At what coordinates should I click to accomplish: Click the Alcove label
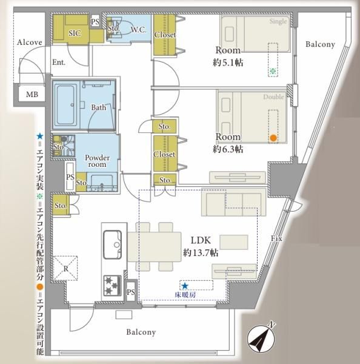[30, 42]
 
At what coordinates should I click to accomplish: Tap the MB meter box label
[32, 95]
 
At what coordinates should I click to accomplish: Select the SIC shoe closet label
[75, 33]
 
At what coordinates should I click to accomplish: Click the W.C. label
[138, 30]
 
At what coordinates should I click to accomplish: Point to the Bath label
[99, 107]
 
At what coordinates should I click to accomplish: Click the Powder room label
[97, 161]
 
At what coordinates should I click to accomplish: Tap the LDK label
[201, 240]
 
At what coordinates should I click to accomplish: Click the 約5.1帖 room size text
[228, 62]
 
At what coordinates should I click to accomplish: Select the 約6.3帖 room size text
[228, 149]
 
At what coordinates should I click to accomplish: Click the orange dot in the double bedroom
[273, 138]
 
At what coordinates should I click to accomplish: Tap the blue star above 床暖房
[185, 286]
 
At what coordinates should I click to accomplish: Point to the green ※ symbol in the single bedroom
[273, 72]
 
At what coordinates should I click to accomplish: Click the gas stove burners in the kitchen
[113, 285]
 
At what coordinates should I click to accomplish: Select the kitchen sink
[112, 244]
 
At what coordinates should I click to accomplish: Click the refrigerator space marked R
[65, 269]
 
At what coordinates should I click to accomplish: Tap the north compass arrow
[261, 337]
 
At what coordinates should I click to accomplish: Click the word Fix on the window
[276, 238]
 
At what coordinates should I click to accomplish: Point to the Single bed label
[278, 22]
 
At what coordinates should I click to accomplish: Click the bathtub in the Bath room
[65, 104]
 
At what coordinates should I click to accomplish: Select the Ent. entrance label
[59, 62]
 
